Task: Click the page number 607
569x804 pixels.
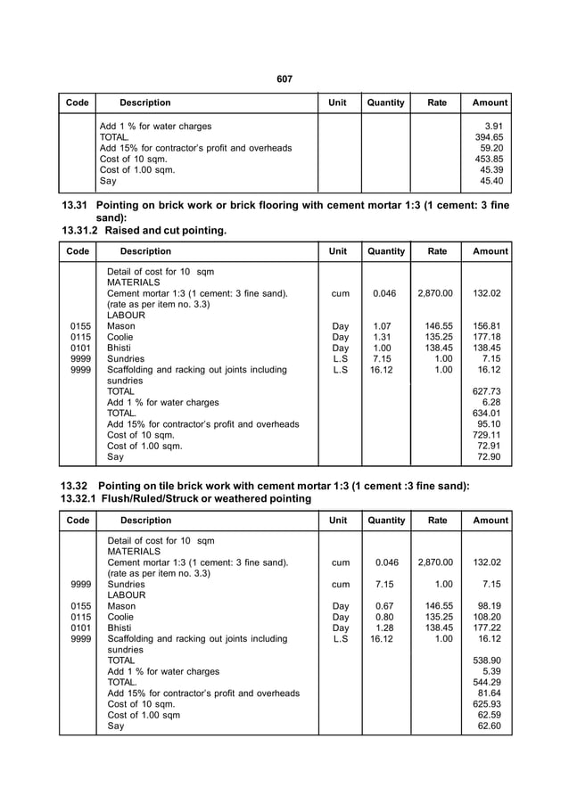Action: pyautogui.click(x=284, y=79)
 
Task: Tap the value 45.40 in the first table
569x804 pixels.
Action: pyautogui.click(x=491, y=181)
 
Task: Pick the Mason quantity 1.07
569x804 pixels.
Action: pyautogui.click(x=382, y=326)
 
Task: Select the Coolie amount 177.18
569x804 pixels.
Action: pyautogui.click(x=489, y=337)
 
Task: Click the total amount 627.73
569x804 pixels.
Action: pyautogui.click(x=489, y=391)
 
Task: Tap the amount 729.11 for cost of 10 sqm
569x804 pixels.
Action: pyautogui.click(x=489, y=435)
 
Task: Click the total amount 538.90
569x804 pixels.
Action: pyautogui.click(x=489, y=660)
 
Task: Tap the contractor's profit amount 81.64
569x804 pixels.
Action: pyautogui.click(x=491, y=693)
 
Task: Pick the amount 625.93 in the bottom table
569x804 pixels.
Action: pyautogui.click(x=489, y=704)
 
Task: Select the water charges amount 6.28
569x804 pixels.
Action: pyautogui.click(x=494, y=402)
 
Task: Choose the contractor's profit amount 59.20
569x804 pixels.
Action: pyautogui.click(x=491, y=148)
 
